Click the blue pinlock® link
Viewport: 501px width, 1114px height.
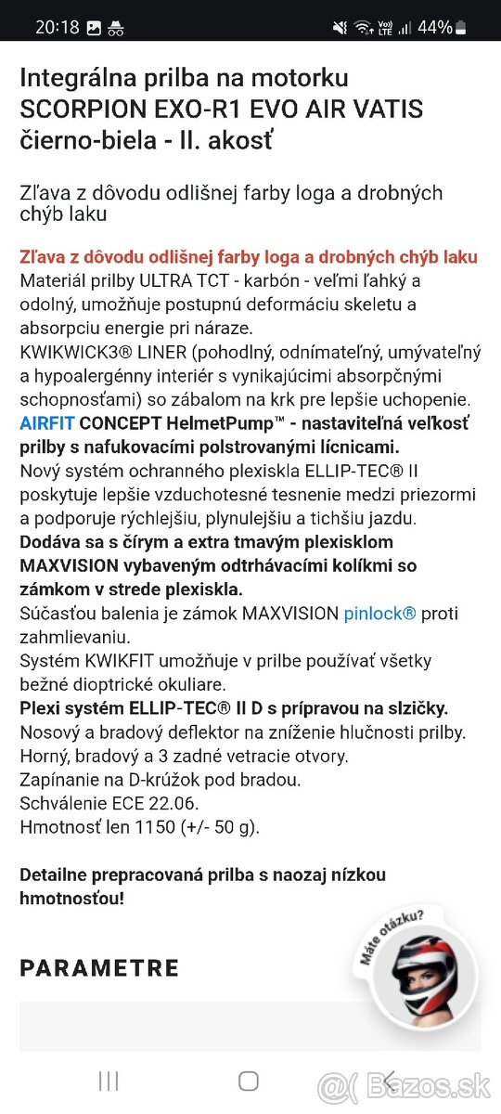pyautogui.click(x=379, y=614)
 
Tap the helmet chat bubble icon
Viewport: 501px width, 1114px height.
pyautogui.click(x=423, y=976)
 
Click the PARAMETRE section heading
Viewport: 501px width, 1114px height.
pyautogui.click(x=99, y=968)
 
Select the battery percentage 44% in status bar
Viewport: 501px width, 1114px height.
pyautogui.click(x=434, y=27)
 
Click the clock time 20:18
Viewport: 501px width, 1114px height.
pyautogui.click(x=58, y=27)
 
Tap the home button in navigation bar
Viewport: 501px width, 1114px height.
pyautogui.click(x=249, y=1081)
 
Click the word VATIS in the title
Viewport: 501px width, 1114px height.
pyautogui.click(x=386, y=110)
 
